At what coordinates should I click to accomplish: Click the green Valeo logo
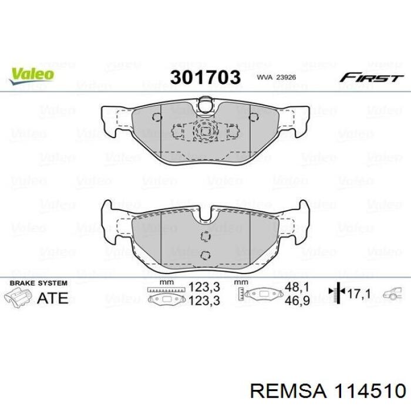pyautogui.click(x=32, y=75)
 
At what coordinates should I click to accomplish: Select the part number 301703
pyautogui.click(x=205, y=78)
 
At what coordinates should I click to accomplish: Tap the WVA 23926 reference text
pyautogui.click(x=277, y=78)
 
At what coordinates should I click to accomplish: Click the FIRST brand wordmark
pyautogui.click(x=371, y=78)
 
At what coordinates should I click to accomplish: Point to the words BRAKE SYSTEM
pyautogui.click(x=39, y=283)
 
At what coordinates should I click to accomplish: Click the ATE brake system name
pyautogui.click(x=53, y=298)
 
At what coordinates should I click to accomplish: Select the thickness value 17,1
pyautogui.click(x=359, y=294)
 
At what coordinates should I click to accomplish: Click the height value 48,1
pyautogui.click(x=297, y=287)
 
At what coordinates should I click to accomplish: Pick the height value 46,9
pyautogui.click(x=297, y=301)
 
